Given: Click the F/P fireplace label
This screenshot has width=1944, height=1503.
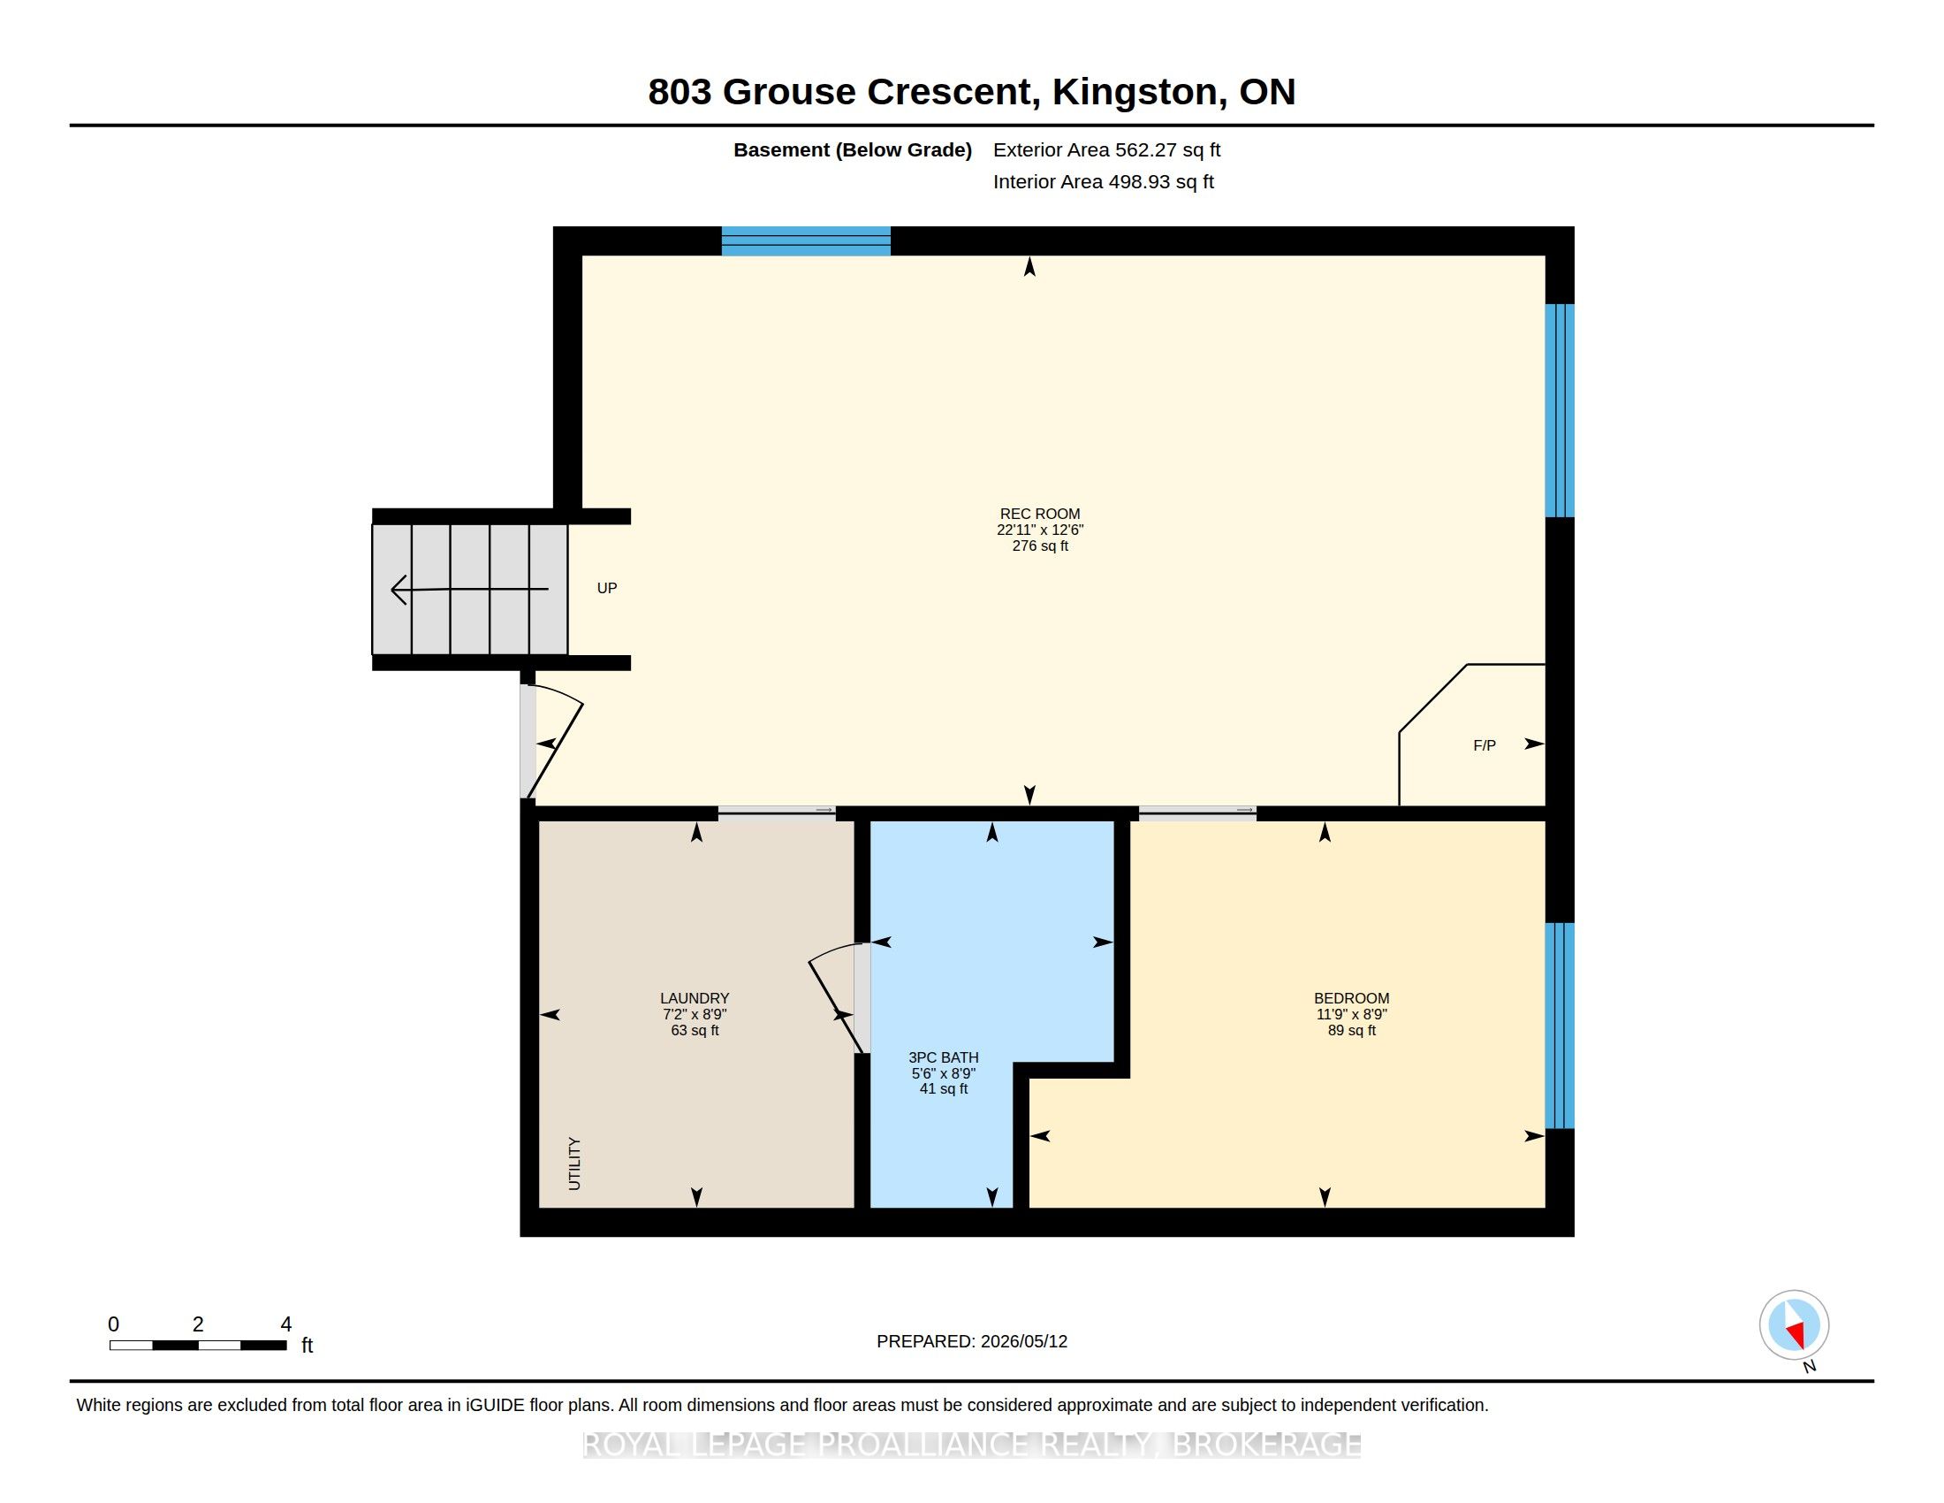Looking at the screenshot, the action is point(1484,745).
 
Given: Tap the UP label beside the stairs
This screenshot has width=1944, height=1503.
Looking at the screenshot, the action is point(607,588).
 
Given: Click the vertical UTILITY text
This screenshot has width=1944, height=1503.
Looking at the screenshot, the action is point(574,1163).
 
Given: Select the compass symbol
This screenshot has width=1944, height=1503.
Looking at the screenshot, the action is point(1794,1325).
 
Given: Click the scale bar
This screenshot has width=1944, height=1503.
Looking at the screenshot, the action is point(198,1345).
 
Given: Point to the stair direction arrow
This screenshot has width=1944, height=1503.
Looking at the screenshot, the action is point(469,590).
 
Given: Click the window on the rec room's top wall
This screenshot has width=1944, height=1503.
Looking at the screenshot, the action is point(806,241).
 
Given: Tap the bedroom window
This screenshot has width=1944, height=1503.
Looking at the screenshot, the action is point(1560,1026).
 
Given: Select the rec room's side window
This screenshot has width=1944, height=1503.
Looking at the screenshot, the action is point(1560,410).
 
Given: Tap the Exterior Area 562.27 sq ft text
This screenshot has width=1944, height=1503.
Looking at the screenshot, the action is point(1106,149).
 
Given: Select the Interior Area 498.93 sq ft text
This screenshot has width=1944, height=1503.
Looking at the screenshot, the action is point(1103,181).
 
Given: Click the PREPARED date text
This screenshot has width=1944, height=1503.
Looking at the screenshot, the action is point(971,1341).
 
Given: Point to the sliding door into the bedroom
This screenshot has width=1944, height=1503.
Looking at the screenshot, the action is point(1197,811).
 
